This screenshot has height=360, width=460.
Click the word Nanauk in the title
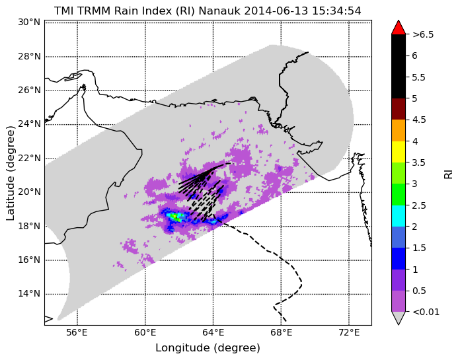219,11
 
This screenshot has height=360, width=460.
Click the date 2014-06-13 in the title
276,11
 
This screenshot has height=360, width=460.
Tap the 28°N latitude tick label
29,56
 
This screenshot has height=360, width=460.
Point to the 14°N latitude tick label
29,293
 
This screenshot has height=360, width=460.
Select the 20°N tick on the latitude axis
29,192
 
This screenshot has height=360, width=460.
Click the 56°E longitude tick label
78,333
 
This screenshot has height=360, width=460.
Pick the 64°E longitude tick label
213,333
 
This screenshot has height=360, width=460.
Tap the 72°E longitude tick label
349,333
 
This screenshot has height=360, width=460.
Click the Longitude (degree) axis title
208,348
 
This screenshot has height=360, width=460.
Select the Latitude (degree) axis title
10,174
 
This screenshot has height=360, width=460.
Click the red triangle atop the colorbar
399,28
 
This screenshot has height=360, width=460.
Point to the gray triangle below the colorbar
399,317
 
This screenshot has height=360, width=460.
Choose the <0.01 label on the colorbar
426,312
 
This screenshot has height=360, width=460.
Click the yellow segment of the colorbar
399,152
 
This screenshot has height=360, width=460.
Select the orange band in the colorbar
399,130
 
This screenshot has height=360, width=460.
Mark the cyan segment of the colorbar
399,216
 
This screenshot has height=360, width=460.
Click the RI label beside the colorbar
449,173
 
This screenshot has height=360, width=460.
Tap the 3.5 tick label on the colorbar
418,162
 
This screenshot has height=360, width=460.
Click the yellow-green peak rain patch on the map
175,217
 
